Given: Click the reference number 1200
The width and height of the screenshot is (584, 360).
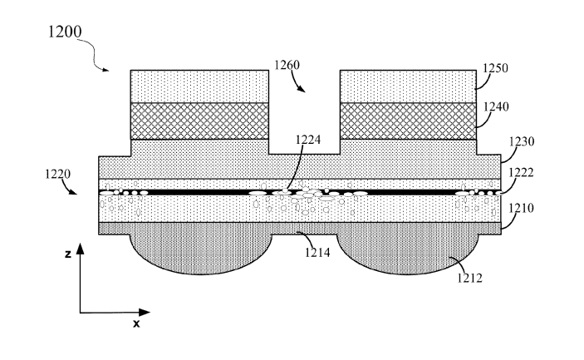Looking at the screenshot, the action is click(x=65, y=32).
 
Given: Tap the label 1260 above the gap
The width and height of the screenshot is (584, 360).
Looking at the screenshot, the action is click(x=287, y=65).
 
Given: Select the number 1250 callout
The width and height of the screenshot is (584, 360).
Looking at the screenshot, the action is click(x=495, y=68).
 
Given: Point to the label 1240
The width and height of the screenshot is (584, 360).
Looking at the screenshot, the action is click(x=496, y=107).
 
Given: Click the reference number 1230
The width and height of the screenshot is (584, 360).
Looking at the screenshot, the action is click(x=522, y=141).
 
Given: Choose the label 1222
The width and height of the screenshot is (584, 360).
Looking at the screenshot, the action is click(x=521, y=173).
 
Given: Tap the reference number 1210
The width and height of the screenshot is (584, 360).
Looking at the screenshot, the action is click(x=522, y=208).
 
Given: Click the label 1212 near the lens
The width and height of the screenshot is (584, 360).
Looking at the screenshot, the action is click(x=469, y=278).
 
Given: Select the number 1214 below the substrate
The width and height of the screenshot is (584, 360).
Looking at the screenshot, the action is click(x=317, y=253).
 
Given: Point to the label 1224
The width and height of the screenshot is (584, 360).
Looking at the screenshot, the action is click(x=308, y=140).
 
